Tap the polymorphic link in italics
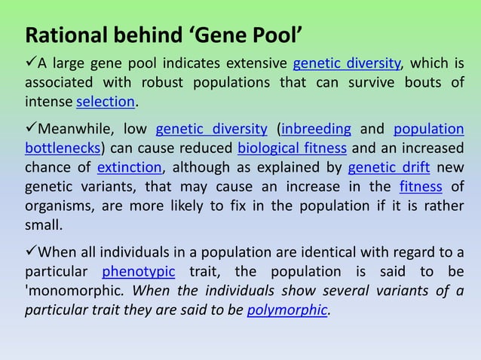click(287, 309)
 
